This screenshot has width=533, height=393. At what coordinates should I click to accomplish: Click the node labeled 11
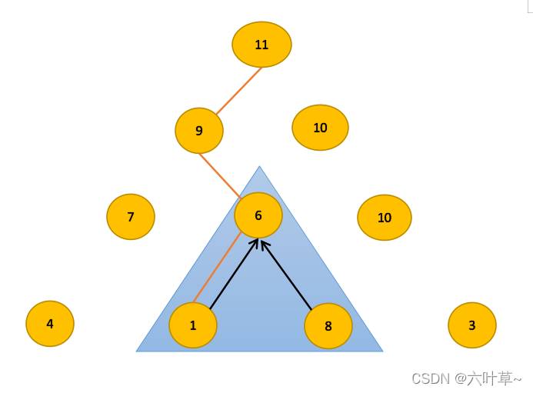point(262,45)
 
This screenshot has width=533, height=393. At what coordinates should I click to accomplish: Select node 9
point(199,131)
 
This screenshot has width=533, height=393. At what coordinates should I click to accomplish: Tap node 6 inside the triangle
point(258,215)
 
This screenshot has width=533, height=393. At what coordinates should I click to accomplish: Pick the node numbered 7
point(131,217)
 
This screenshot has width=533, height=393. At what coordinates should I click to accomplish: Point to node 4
point(50,324)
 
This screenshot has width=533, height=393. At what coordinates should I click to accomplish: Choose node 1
point(193,325)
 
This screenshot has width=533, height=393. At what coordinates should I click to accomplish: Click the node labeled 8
point(328,326)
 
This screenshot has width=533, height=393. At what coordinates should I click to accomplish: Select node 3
point(472,325)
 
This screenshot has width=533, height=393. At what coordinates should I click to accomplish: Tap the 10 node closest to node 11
point(320,128)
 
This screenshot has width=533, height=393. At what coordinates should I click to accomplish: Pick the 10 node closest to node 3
point(385,218)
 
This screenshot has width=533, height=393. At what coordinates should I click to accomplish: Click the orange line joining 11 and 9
point(238,92)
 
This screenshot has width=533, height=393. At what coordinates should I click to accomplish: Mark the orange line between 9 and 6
point(220,175)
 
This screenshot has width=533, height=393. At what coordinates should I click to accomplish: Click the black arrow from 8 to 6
point(287,275)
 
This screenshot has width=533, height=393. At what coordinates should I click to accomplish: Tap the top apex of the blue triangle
point(259,168)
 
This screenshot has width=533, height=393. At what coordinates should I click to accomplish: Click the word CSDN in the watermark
point(431,378)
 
